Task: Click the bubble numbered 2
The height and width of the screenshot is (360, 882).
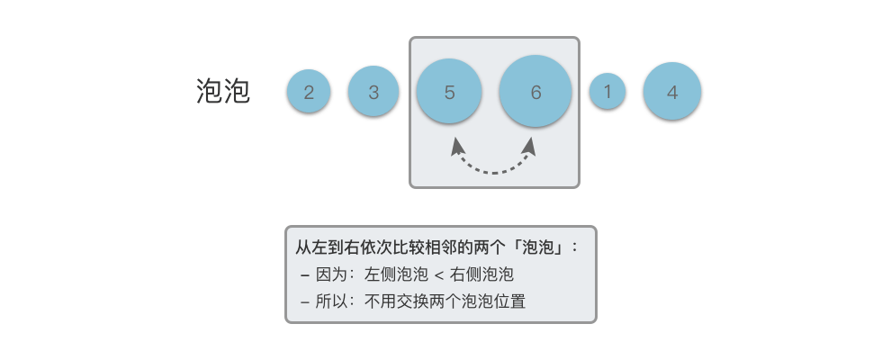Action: click(x=309, y=92)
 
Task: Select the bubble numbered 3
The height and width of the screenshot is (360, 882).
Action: click(x=373, y=92)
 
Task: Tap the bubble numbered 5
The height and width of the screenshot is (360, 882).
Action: click(x=449, y=92)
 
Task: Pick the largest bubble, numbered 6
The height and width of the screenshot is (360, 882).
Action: click(x=535, y=92)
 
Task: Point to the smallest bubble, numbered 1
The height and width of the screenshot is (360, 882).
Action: click(x=607, y=91)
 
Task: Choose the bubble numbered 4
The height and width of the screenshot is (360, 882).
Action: click(x=672, y=92)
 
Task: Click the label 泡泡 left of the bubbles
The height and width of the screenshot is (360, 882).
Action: click(x=222, y=91)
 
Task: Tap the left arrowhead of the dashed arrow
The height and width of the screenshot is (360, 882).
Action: click(x=457, y=144)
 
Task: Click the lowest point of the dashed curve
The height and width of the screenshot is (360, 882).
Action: click(x=495, y=171)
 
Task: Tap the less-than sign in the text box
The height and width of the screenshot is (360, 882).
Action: click(x=438, y=274)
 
